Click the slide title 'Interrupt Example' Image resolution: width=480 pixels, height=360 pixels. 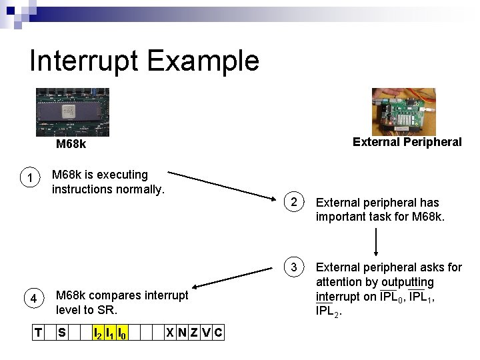(x=144, y=61)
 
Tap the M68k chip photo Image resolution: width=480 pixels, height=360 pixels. (x=72, y=112)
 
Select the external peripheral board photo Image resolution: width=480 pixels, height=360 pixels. (x=403, y=111)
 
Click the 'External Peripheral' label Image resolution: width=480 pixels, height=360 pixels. (x=407, y=141)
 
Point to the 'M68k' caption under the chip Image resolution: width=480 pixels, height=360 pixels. (x=71, y=144)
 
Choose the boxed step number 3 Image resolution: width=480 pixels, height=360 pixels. (x=293, y=267)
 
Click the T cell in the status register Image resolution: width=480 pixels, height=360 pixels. (x=38, y=332)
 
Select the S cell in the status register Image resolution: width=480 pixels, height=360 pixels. (x=61, y=332)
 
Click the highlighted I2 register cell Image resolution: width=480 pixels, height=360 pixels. (x=97, y=332)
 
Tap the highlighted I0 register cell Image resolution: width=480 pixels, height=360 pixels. (x=122, y=332)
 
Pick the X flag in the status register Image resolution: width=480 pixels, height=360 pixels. (x=171, y=332)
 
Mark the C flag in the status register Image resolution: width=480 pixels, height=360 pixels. (x=219, y=332)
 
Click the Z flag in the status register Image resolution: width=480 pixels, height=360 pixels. (x=194, y=332)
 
